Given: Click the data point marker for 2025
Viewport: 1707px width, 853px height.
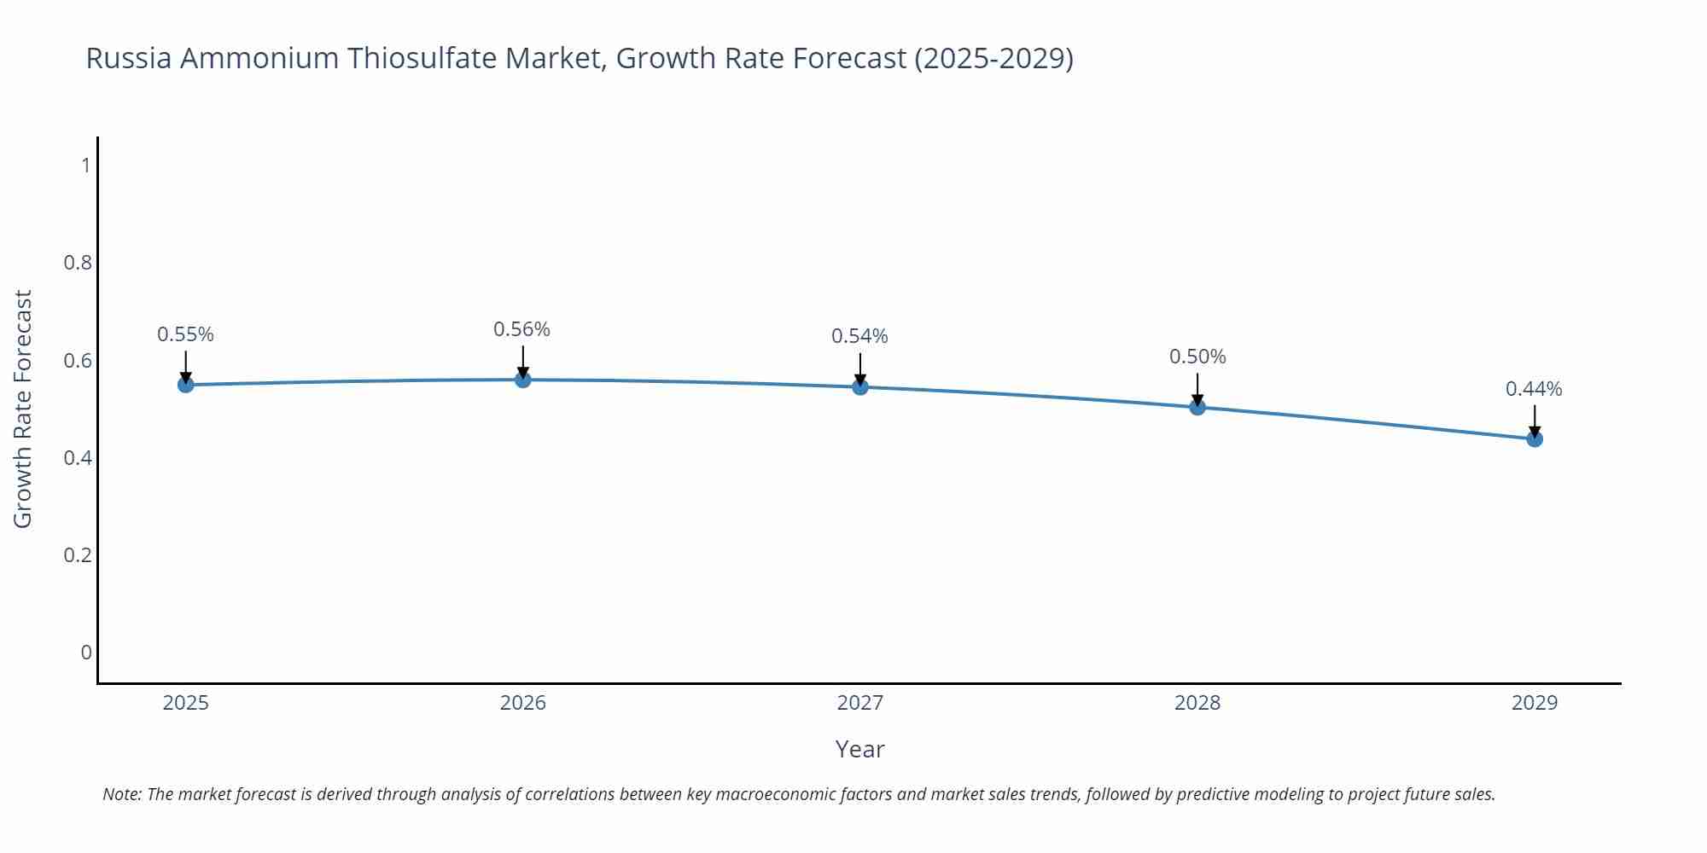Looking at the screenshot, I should pyautogui.click(x=186, y=385).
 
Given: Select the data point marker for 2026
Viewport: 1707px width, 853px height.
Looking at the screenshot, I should pyautogui.click(x=523, y=380).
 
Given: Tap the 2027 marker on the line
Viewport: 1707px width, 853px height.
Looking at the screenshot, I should pyautogui.click(x=860, y=387).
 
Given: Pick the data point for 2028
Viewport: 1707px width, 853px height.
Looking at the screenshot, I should pyautogui.click(x=1197, y=407).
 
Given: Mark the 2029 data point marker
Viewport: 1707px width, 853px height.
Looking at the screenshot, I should pyautogui.click(x=1535, y=439).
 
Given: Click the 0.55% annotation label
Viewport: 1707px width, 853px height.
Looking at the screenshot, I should pyautogui.click(x=185, y=334).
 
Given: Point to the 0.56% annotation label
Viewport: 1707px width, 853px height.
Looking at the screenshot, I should pyautogui.click(x=521, y=329).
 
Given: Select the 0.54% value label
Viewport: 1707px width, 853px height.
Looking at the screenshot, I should pyautogui.click(x=859, y=336).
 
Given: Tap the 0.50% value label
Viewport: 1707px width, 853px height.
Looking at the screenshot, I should pyautogui.click(x=1197, y=357).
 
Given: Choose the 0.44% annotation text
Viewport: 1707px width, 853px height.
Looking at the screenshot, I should pyautogui.click(x=1534, y=389).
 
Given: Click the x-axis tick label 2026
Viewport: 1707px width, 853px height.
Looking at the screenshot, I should pyautogui.click(x=522, y=703).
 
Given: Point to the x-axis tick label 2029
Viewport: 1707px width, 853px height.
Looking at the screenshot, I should pyautogui.click(x=1534, y=703).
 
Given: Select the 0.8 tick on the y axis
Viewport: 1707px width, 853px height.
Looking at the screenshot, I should pyautogui.click(x=78, y=263).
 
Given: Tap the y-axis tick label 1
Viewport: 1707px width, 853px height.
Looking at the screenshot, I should pyautogui.click(x=85, y=165).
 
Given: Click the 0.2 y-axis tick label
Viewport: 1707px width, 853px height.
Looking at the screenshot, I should pyautogui.click(x=78, y=555).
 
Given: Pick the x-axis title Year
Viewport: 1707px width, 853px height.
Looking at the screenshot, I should pyautogui.click(x=859, y=749).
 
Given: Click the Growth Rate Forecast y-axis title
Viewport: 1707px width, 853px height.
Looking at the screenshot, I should pyautogui.click(x=23, y=409).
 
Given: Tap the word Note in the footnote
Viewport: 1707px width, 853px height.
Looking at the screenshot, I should pyautogui.click(x=121, y=794).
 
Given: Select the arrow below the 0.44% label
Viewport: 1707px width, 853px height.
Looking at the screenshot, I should pyautogui.click(x=1535, y=421).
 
